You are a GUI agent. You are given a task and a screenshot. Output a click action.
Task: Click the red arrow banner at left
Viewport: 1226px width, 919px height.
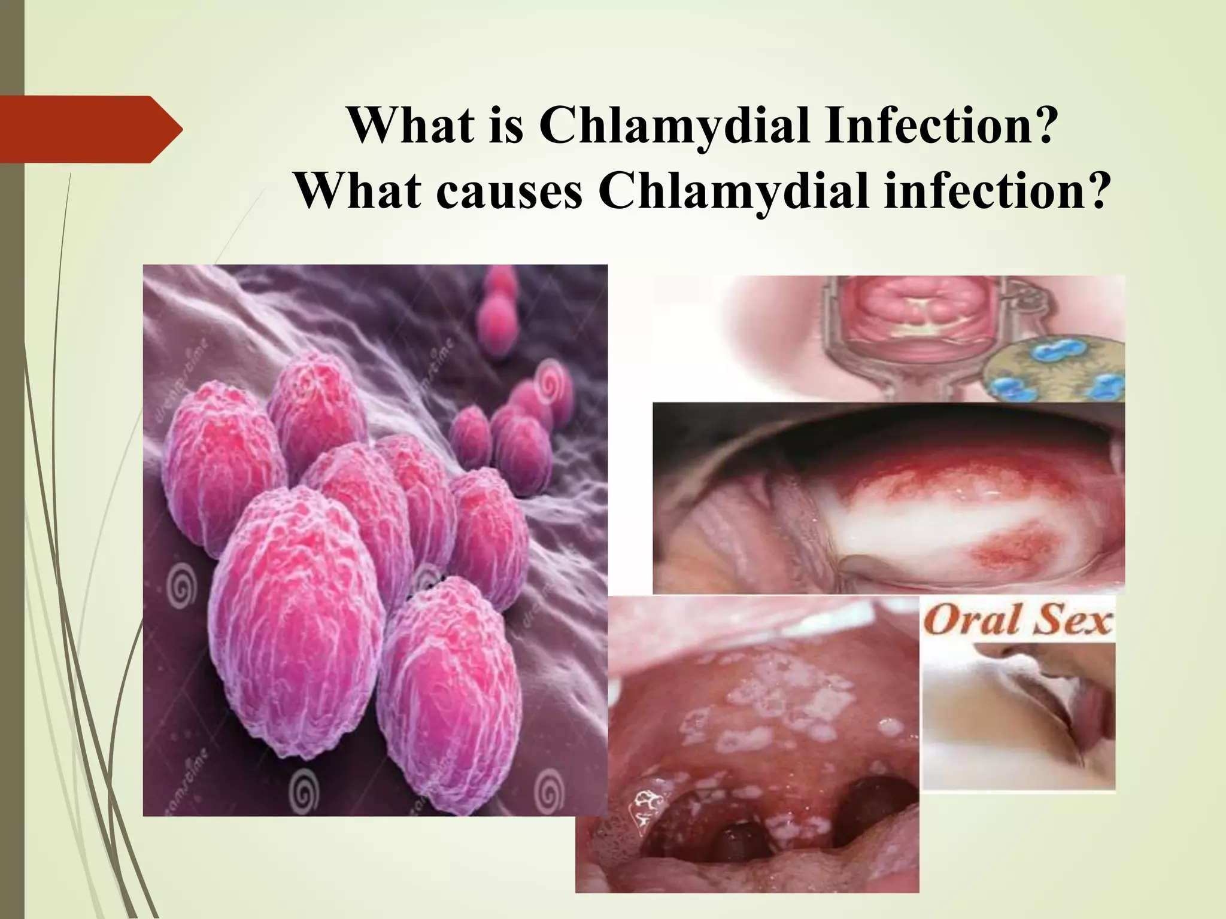[90, 129]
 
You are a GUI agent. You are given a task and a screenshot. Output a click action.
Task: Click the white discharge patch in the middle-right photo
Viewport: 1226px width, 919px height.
[934, 521]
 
